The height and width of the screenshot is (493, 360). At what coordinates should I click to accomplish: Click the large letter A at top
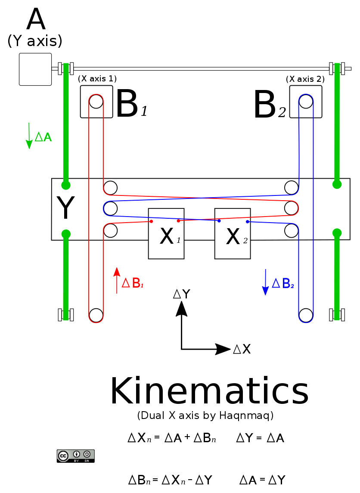coord(36,19)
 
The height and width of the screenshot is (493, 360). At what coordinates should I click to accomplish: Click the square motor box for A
coord(35,69)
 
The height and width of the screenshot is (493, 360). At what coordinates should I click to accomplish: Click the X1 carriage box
coord(166,234)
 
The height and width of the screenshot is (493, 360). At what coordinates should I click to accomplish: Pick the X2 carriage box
coord(233,234)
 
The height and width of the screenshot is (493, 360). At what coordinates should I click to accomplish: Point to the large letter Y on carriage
coord(65,209)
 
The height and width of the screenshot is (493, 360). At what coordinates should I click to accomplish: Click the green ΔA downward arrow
coord(29,136)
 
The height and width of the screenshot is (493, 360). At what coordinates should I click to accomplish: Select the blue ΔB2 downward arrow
coord(265,282)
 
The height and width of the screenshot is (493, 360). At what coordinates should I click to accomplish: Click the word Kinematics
coord(209,391)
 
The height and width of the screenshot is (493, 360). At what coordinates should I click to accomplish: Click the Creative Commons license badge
coord(75,456)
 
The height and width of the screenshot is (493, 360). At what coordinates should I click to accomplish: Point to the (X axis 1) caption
coord(97,79)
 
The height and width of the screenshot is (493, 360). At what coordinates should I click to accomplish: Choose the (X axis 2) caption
coord(305,79)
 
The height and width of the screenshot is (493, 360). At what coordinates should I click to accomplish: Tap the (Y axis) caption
coord(35,41)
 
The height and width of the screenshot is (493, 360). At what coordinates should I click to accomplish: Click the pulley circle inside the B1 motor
coord(96,102)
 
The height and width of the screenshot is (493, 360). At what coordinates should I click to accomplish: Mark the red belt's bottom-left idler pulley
coord(96,315)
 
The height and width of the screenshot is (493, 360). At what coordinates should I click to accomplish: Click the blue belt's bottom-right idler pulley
coord(306,315)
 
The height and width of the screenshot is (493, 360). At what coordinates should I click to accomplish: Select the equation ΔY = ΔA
coord(260,439)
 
